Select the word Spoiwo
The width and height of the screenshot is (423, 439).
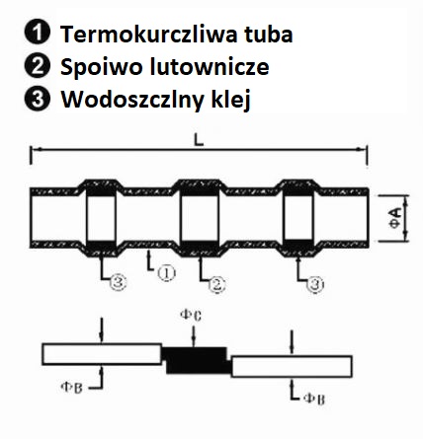(x=102, y=67)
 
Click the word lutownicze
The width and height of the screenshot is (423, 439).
(x=210, y=66)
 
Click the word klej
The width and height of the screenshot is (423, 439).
(x=230, y=100)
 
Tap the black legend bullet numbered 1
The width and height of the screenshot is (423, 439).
(x=38, y=34)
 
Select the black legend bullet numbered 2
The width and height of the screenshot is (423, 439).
(x=38, y=66)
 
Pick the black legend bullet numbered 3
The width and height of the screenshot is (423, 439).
(x=38, y=99)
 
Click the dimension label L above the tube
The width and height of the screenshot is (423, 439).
(x=199, y=140)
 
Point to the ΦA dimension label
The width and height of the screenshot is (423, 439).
(x=396, y=218)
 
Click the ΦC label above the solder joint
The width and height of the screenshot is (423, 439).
(x=191, y=316)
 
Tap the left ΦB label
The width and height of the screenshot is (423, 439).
(x=71, y=388)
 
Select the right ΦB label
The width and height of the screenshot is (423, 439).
(x=314, y=400)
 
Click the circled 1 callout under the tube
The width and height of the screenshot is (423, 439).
(x=166, y=273)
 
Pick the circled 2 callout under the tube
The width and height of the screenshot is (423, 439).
(x=216, y=284)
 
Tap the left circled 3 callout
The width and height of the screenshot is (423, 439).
(x=118, y=282)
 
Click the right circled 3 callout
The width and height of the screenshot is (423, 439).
(x=315, y=284)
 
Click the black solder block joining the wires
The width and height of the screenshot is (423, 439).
(x=196, y=360)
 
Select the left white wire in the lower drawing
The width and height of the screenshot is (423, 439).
(x=102, y=354)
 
